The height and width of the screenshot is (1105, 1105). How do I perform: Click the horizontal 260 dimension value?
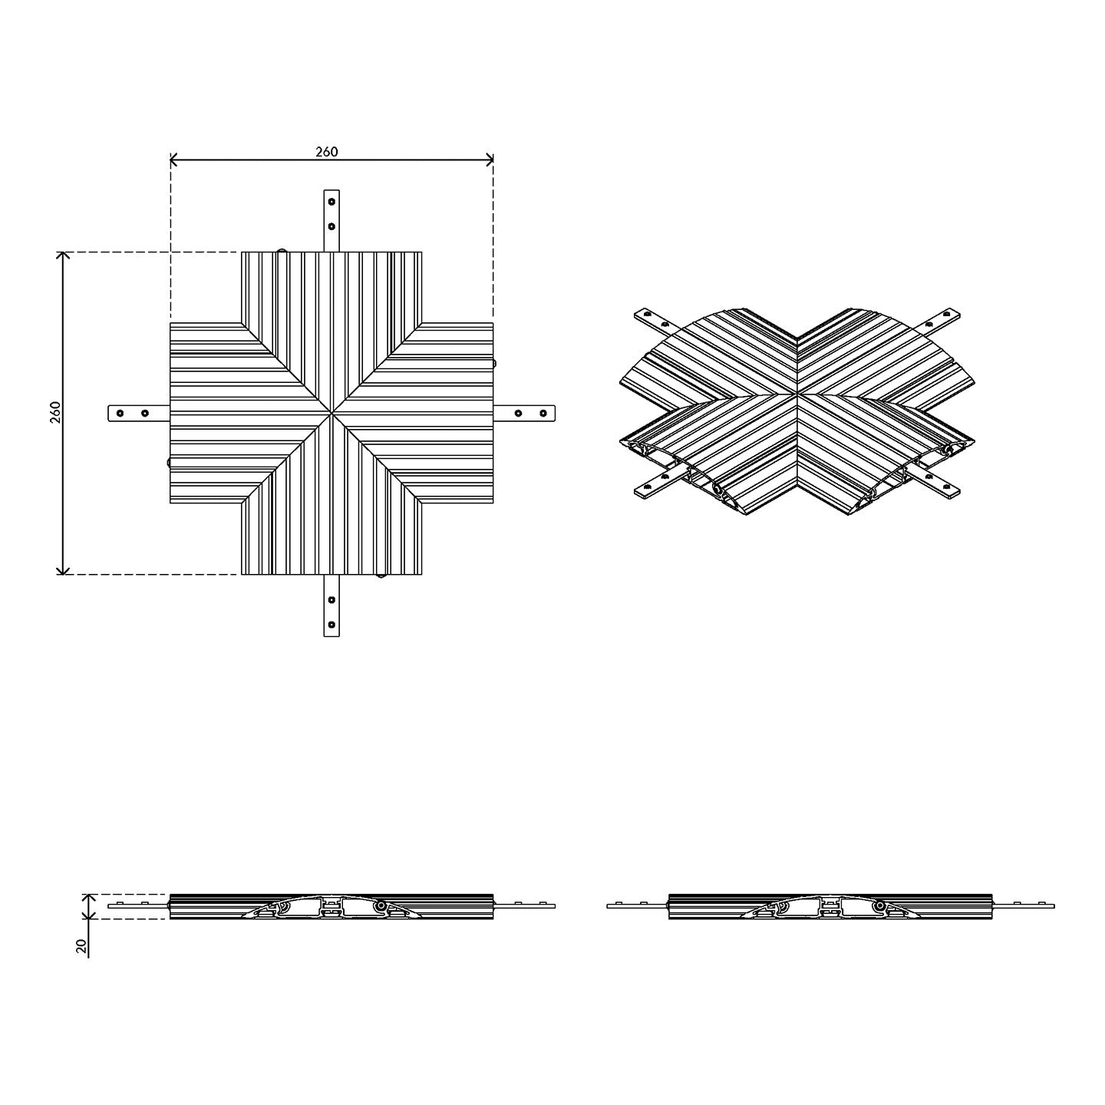point(327,152)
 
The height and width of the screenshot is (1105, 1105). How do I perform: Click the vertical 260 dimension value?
point(55,412)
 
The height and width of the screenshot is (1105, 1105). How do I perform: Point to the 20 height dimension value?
point(82,945)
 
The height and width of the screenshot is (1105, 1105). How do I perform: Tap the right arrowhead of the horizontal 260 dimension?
point(489,160)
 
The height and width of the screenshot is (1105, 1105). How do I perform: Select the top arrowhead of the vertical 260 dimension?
point(63,256)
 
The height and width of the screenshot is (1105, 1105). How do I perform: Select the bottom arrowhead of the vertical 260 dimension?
point(63,569)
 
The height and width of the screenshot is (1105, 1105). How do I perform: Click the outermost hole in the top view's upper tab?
point(331,202)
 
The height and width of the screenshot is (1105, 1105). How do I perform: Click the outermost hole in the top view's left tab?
point(120,413)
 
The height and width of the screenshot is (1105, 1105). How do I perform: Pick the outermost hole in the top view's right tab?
point(543,413)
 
